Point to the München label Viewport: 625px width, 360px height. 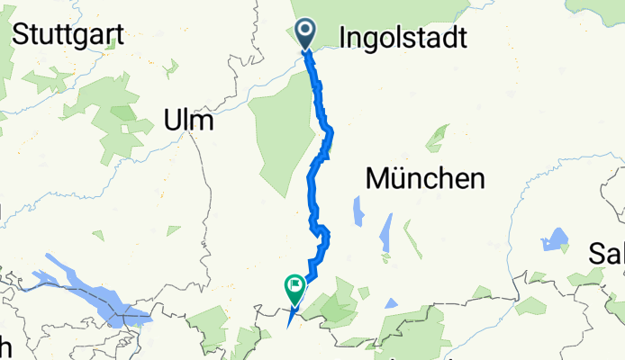[424, 179]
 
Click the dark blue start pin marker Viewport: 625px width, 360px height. [305, 35]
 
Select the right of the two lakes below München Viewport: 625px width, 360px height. [387, 232]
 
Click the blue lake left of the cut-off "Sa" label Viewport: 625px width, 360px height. [554, 241]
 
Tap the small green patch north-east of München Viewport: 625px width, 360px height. [438, 138]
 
